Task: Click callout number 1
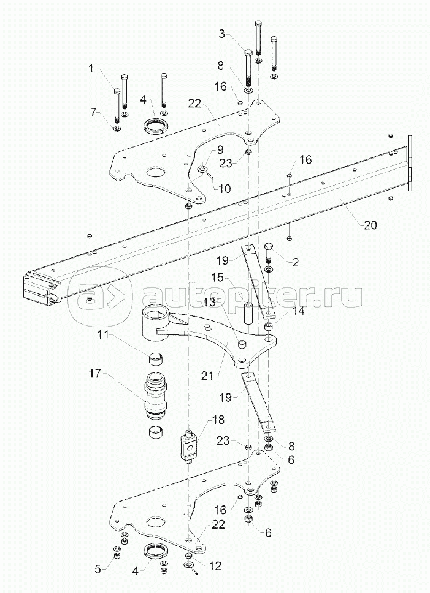tap(92, 69)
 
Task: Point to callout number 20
tap(370, 225)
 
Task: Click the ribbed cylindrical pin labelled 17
tap(156, 396)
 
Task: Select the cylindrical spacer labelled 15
tap(250, 312)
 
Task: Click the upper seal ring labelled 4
tap(156, 127)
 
